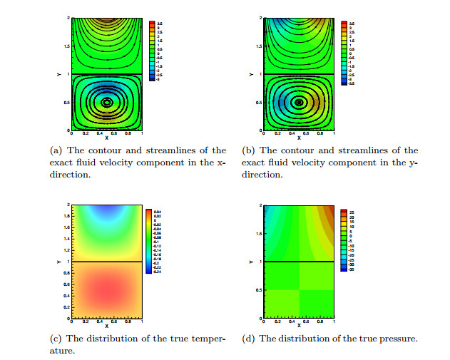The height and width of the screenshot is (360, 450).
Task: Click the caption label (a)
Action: click(56, 150)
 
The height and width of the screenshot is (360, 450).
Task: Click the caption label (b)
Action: click(249, 150)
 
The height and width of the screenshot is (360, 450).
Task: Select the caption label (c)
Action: click(56, 339)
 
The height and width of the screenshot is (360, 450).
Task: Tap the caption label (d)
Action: click(249, 339)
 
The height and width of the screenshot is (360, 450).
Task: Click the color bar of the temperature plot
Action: click(148, 241)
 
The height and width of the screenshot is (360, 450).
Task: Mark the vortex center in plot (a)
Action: click(106, 102)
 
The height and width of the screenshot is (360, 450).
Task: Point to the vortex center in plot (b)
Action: click(299, 102)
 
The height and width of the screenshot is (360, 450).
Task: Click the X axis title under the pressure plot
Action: click(299, 325)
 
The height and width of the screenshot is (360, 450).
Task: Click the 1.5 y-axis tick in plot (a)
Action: click(66, 46)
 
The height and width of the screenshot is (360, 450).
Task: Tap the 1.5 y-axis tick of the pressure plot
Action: click(258, 234)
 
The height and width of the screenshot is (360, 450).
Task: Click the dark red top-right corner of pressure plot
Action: click(329, 210)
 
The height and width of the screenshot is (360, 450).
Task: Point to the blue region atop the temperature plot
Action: click(106, 210)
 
